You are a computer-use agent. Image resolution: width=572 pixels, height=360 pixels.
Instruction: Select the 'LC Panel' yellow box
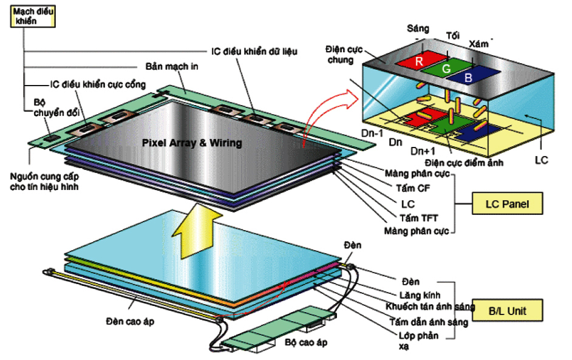[506, 204]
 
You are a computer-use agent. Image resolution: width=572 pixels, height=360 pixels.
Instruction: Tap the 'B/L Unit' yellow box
[508, 311]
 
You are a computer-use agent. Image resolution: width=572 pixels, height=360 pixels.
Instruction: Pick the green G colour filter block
[447, 69]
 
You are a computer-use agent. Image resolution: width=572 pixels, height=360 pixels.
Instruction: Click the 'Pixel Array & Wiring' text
[191, 143]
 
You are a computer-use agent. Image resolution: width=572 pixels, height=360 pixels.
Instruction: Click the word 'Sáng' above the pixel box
[418, 29]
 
